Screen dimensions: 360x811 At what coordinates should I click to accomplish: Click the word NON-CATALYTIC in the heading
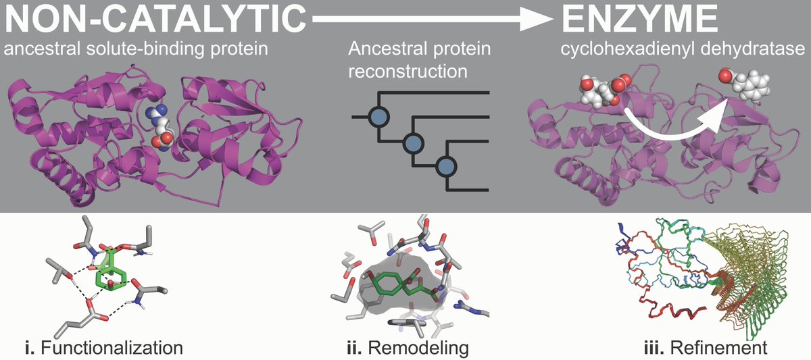click(x=152, y=20)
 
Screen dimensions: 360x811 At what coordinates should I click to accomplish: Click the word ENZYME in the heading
click(x=639, y=20)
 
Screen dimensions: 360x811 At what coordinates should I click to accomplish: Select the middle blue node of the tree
click(x=412, y=142)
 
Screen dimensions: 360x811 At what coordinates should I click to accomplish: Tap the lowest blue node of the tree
click(x=445, y=165)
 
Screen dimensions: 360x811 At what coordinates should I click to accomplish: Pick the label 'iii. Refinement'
click(x=704, y=348)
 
